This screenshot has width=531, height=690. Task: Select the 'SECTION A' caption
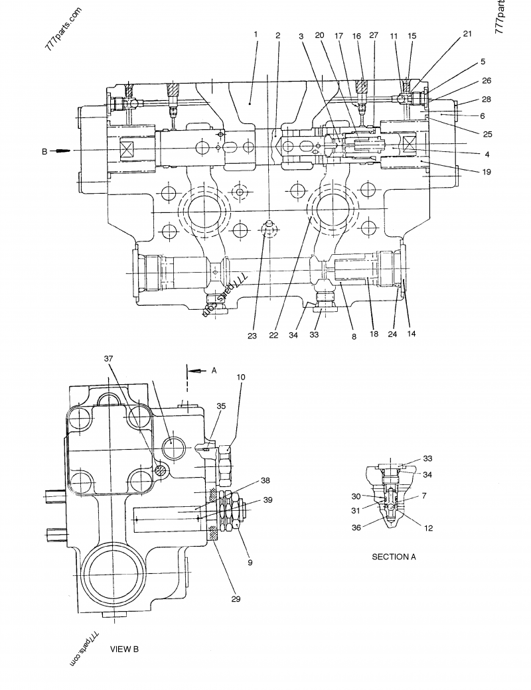tap(394, 557)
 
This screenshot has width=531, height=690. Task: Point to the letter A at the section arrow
tap(214, 372)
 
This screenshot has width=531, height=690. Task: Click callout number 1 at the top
tap(255, 33)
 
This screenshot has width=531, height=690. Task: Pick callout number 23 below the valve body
tap(252, 336)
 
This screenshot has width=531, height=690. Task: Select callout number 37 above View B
tap(109, 359)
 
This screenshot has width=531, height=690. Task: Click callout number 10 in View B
tap(240, 377)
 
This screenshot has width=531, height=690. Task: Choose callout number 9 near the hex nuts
tap(250, 563)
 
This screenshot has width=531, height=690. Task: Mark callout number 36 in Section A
tap(358, 528)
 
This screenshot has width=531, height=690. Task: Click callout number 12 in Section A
tap(429, 528)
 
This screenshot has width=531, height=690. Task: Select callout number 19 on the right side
tap(487, 171)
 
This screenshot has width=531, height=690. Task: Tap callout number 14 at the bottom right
tap(412, 334)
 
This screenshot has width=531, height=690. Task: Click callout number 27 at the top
tap(373, 34)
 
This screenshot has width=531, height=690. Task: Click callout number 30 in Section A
tap(357, 496)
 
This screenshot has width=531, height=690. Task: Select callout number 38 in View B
tap(264, 480)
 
